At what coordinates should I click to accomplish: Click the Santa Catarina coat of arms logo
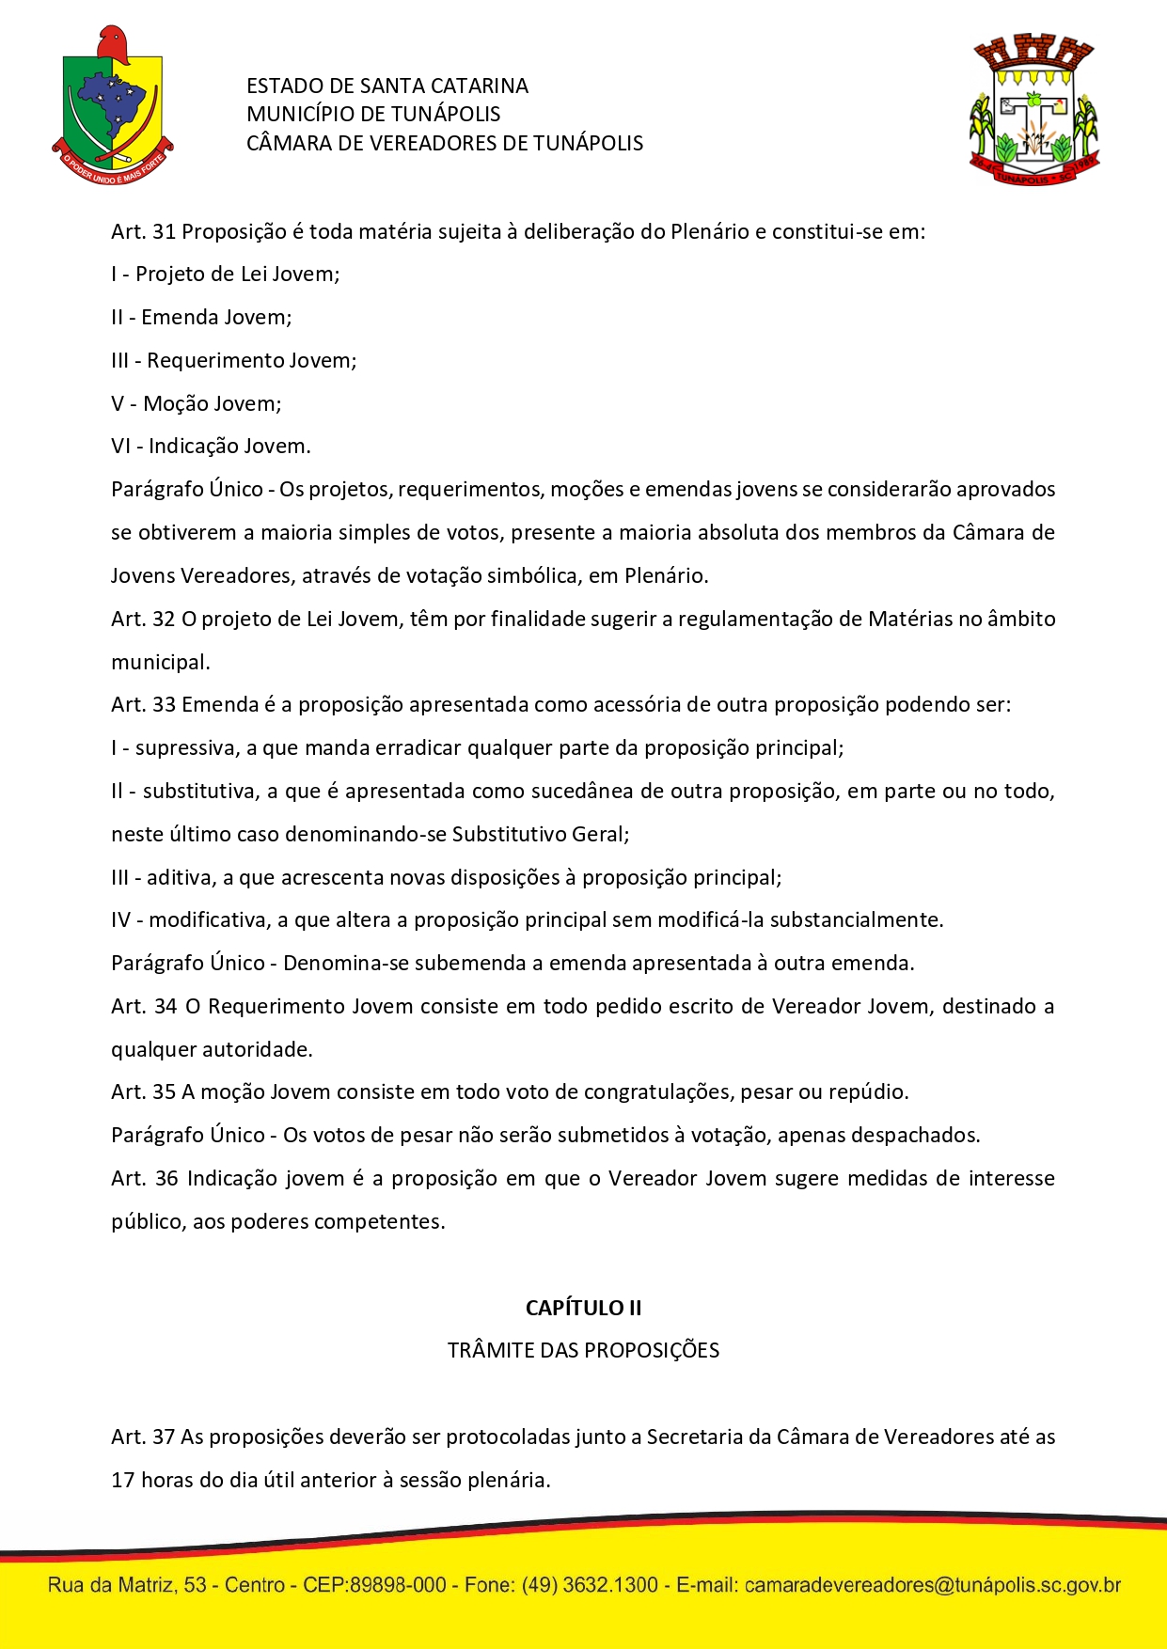tap(112, 105)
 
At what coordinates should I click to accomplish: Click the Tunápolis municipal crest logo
tap(1034, 110)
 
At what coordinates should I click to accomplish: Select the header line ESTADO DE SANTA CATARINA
tap(386, 86)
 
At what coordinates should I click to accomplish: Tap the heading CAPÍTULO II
tap(583, 1308)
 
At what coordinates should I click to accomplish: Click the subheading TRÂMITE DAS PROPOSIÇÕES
tap(583, 1351)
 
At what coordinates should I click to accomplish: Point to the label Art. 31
tap(143, 232)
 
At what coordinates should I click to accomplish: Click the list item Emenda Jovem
tap(215, 318)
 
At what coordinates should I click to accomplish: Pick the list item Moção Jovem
tap(212, 404)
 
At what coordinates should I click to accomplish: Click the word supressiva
tap(186, 748)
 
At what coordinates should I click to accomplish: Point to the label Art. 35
tap(143, 1092)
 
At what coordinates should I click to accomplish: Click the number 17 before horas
tap(123, 1481)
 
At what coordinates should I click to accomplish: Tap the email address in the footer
tap(932, 1585)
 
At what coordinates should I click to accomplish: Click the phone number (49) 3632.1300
tap(590, 1585)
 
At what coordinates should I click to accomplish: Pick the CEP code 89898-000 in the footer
tap(398, 1585)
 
